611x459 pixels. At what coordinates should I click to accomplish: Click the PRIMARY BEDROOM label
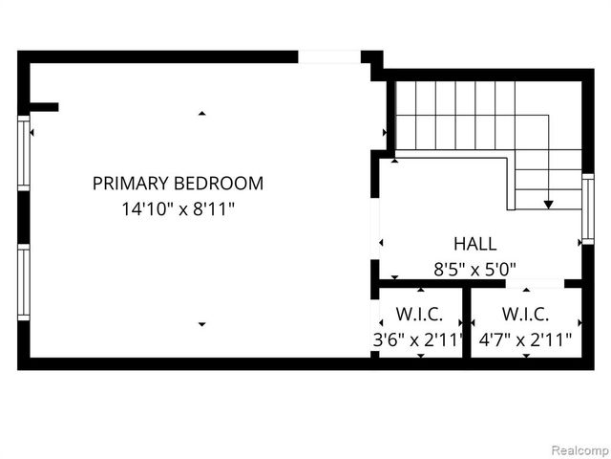click(178, 183)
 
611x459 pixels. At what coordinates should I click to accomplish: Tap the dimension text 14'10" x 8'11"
click(178, 207)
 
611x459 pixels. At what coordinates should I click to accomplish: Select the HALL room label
click(474, 244)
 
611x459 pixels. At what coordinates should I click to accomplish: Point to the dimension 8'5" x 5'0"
click(474, 269)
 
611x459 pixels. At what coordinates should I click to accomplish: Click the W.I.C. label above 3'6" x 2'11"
click(419, 314)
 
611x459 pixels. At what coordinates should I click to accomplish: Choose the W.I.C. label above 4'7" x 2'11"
click(525, 314)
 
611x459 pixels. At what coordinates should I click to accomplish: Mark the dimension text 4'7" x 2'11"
click(525, 338)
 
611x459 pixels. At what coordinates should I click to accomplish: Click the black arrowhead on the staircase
click(549, 204)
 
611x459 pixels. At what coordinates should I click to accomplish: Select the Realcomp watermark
click(576, 447)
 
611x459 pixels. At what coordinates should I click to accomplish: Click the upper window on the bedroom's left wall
click(24, 154)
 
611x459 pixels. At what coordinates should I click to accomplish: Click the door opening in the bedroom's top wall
click(329, 57)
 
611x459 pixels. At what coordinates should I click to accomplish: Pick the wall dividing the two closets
click(467, 322)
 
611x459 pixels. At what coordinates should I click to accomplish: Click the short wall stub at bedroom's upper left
click(44, 107)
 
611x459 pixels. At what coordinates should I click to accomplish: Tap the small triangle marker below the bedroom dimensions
click(201, 325)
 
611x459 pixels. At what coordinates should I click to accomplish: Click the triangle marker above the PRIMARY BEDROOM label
click(201, 114)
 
